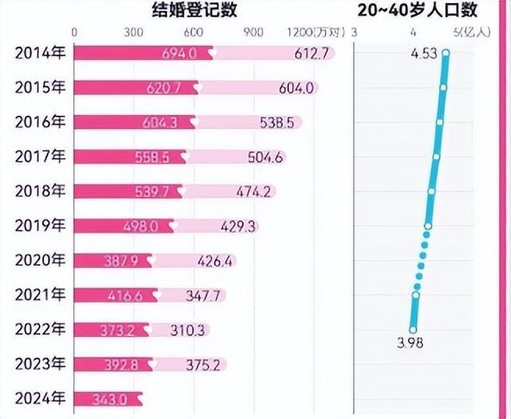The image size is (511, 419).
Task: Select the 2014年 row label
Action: pos(37,53)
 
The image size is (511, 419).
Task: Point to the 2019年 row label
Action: pos(37,227)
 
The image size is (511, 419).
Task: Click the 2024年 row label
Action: pos(37,398)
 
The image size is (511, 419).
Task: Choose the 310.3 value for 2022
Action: pos(188,330)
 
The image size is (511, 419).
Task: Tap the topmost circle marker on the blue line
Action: pos(446,53)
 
